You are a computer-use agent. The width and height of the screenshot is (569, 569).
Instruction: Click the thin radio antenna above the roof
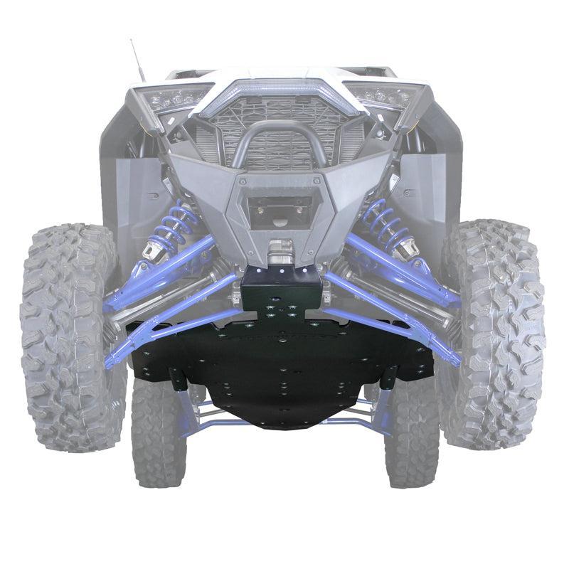click(x=137, y=60)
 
